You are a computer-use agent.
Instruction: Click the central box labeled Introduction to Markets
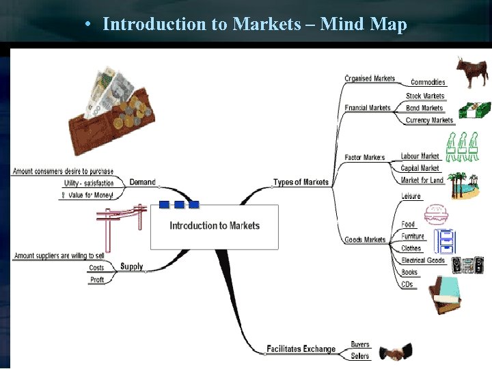pos(215,226)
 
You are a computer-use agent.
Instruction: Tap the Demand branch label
pos(142,182)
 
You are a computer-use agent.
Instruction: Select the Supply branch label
pos(131,266)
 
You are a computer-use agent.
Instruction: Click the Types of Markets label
pos(301,182)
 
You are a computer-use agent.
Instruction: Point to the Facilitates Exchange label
pos(301,349)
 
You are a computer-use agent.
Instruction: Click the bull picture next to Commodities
pos(472,72)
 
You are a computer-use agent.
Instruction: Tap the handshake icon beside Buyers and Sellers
pos(396,353)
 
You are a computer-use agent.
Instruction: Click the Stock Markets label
pos(424,96)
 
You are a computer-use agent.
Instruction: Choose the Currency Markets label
pos(428,120)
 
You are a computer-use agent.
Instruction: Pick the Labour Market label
pos(420,156)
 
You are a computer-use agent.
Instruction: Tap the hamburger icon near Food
pos(435,215)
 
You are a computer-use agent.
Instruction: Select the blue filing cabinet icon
pos(445,241)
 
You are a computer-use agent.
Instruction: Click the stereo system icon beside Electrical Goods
pos(467,265)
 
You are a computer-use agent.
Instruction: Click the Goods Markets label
pos(365,240)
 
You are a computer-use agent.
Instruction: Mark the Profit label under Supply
pos(97,279)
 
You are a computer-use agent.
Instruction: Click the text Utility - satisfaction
pos(89,183)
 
